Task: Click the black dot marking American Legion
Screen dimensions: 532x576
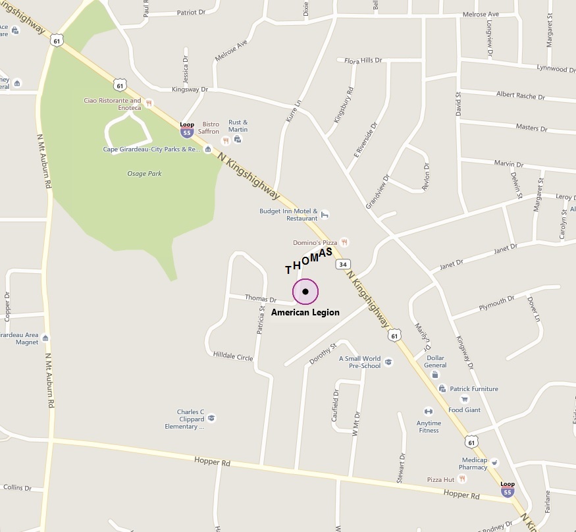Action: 305,291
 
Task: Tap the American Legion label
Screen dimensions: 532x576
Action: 305,312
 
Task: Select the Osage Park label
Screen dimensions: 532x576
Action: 144,174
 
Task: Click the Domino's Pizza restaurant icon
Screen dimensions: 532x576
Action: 344,242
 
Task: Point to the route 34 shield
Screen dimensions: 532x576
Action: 342,264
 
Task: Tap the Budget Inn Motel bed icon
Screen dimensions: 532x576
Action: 325,214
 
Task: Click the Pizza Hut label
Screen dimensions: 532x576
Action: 441,479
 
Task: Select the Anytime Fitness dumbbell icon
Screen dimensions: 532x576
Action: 429,412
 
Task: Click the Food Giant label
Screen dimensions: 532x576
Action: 465,410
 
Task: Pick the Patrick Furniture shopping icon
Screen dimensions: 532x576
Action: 442,388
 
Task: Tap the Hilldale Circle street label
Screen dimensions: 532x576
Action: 233,356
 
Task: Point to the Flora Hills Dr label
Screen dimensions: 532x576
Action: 363,61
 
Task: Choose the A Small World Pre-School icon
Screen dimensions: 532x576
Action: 388,361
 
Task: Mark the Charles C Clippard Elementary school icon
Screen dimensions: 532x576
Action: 211,417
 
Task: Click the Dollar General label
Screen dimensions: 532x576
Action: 435,361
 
